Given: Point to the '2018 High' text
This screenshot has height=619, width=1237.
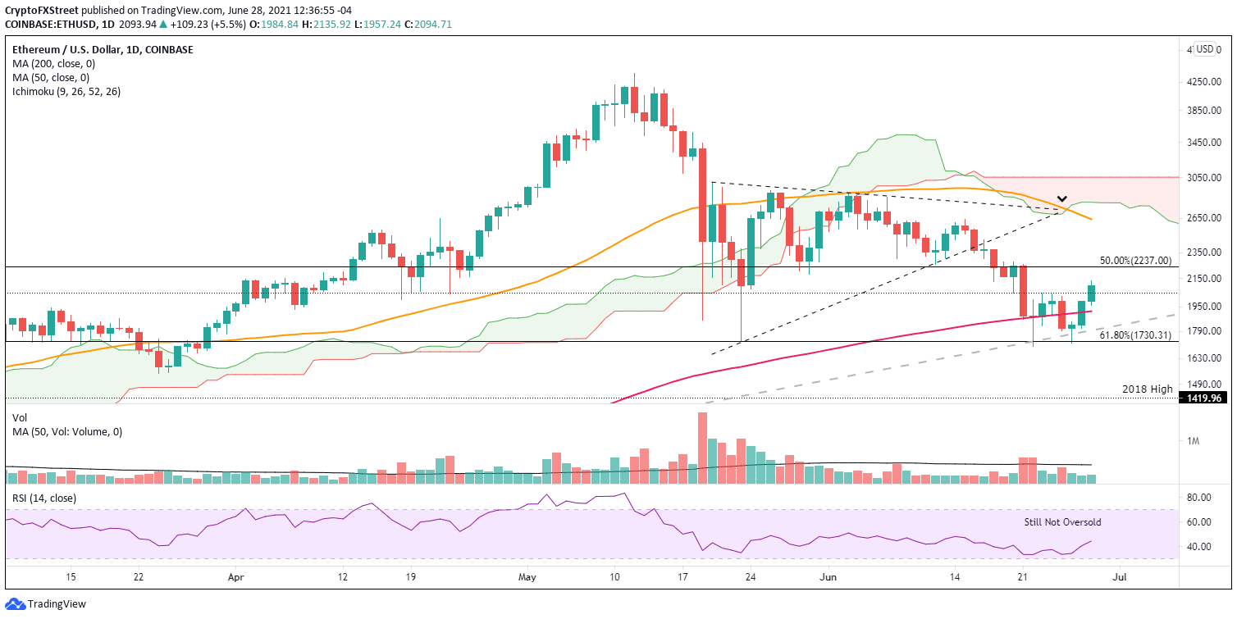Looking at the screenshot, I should tap(1148, 389).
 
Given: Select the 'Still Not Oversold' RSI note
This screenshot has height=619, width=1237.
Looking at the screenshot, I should tap(1062, 522).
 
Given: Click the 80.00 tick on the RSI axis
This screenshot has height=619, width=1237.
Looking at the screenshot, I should tap(1199, 498).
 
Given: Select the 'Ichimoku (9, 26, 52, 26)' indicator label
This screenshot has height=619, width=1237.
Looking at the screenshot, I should tap(66, 91).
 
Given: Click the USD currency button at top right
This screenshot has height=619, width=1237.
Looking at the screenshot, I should tap(1204, 49).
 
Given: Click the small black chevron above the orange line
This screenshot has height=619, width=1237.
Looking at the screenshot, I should tap(1061, 199).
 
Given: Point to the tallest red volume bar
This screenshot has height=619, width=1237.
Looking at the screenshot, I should tap(702, 448).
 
